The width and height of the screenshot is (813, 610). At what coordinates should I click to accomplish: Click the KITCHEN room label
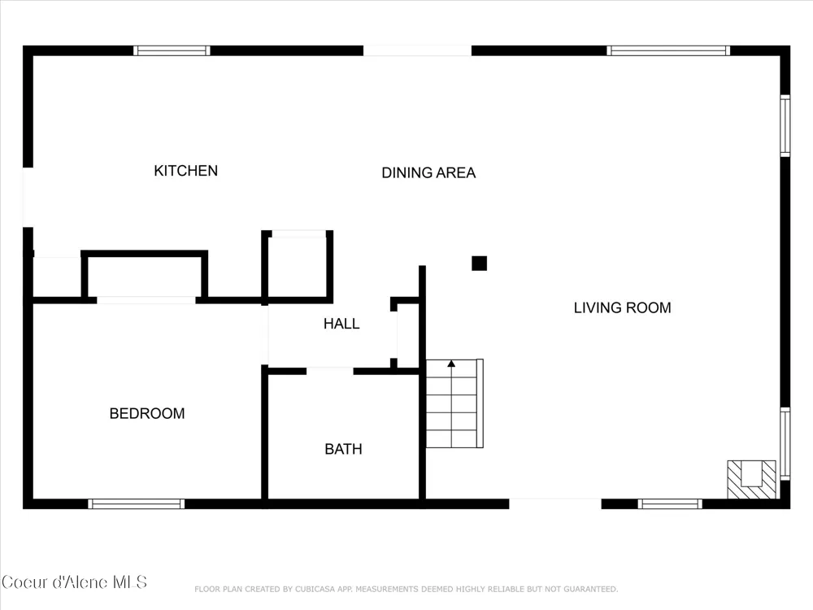[x=185, y=171]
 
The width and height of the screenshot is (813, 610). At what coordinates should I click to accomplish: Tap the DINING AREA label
[x=428, y=172]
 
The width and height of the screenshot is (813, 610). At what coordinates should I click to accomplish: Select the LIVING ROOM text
[x=622, y=307]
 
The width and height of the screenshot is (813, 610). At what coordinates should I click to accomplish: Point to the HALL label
[x=341, y=324]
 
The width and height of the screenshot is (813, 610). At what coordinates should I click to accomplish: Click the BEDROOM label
[x=146, y=413]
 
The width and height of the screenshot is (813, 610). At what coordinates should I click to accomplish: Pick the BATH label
[x=343, y=449]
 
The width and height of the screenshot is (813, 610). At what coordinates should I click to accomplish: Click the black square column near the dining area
[x=479, y=264]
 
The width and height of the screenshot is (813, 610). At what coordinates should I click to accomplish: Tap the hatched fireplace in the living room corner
[x=751, y=479]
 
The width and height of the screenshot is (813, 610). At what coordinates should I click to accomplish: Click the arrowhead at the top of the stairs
[x=451, y=364]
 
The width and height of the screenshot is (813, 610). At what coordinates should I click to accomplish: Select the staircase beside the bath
[x=454, y=403]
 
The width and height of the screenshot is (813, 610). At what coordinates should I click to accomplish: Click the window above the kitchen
[x=172, y=50]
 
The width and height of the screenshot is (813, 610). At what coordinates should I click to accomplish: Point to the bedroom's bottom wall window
[x=137, y=503]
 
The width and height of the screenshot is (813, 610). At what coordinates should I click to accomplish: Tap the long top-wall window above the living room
[x=668, y=50]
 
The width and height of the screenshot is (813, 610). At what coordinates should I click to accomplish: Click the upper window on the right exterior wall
[x=785, y=125]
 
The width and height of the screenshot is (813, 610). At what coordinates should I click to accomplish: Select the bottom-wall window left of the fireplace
[x=670, y=503]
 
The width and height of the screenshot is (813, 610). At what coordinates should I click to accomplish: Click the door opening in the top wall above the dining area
[x=417, y=50]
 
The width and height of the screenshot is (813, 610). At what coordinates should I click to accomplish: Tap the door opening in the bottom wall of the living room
[x=555, y=503]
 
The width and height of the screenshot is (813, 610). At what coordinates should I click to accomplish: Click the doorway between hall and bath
[x=330, y=371]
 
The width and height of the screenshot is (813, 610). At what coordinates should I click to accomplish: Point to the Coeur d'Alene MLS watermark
[x=74, y=582]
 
